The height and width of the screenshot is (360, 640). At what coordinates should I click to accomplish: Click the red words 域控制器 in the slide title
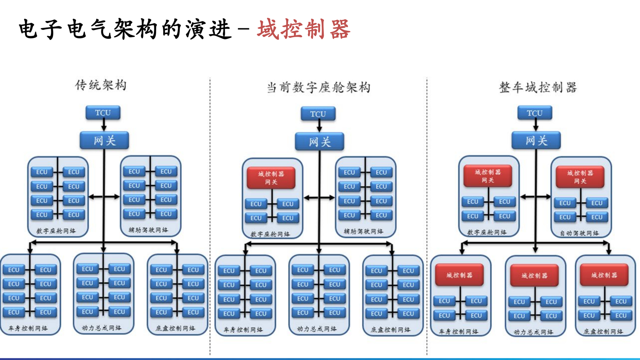click(304, 29)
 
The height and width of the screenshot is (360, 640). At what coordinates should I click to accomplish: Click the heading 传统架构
click(101, 85)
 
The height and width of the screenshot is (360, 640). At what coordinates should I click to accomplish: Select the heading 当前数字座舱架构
click(318, 87)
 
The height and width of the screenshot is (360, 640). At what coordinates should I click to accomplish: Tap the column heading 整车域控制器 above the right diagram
click(538, 87)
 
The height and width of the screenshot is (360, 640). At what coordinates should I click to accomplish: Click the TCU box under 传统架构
click(103, 113)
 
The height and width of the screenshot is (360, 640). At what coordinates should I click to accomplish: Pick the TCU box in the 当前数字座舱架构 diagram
click(318, 114)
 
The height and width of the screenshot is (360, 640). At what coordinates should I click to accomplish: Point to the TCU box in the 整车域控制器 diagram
click(535, 113)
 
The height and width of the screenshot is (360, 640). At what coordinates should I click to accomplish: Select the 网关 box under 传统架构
click(104, 141)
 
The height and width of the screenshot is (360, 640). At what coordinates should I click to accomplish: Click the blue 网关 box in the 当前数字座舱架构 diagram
click(320, 142)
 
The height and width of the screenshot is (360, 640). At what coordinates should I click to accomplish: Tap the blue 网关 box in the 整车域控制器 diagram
click(536, 141)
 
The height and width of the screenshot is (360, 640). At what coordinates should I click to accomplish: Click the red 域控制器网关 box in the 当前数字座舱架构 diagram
click(271, 178)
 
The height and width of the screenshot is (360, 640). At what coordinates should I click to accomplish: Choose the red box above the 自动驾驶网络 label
click(580, 177)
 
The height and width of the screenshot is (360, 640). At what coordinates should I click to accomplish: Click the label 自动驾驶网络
click(580, 233)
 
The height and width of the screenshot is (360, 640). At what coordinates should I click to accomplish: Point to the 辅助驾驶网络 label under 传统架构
click(149, 230)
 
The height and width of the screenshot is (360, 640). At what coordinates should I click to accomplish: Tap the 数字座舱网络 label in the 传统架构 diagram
click(56, 231)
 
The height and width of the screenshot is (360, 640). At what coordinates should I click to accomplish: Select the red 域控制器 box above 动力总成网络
click(534, 276)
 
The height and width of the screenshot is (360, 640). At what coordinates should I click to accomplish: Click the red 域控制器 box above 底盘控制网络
click(604, 275)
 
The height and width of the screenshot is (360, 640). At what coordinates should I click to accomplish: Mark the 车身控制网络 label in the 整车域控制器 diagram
click(459, 331)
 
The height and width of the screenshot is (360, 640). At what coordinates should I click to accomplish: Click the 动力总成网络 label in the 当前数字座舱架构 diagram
click(317, 329)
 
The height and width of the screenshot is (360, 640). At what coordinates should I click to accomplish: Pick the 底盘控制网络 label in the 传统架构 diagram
click(176, 328)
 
